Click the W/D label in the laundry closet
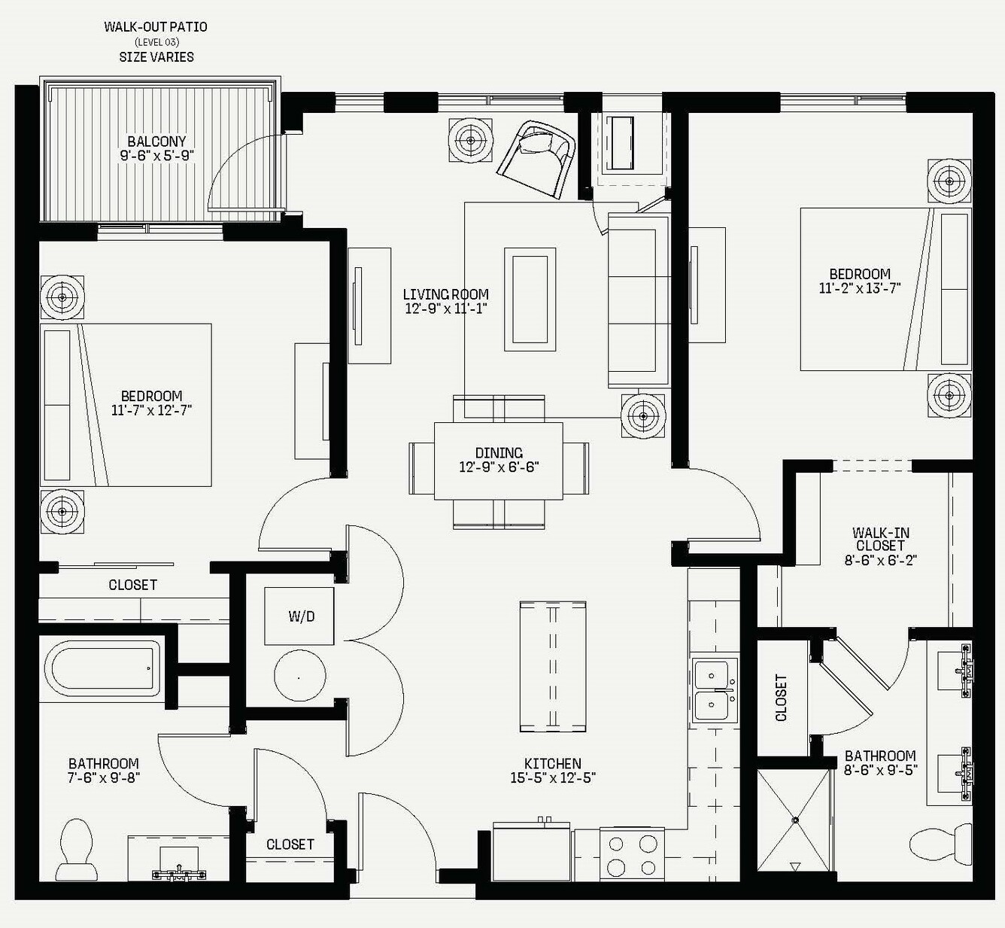click(x=302, y=616)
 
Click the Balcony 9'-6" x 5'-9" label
click(x=157, y=148)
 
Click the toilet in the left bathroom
click(x=77, y=849)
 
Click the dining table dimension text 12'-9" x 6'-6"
click(x=499, y=467)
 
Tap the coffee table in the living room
click(x=530, y=300)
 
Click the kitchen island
click(x=553, y=667)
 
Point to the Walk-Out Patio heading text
click(x=156, y=27)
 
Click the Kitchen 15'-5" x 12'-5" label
click(x=553, y=771)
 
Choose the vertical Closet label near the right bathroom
click(x=782, y=698)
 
